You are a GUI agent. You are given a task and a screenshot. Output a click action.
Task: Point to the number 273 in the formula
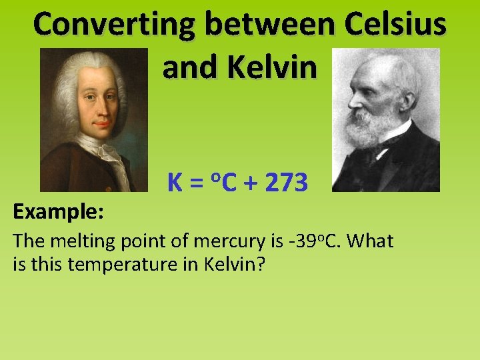point(286,181)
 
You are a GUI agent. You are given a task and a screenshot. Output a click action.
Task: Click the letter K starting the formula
point(175,181)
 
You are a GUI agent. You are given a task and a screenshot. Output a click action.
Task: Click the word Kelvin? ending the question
point(236,264)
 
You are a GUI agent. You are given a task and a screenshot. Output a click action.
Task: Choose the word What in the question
point(370,241)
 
